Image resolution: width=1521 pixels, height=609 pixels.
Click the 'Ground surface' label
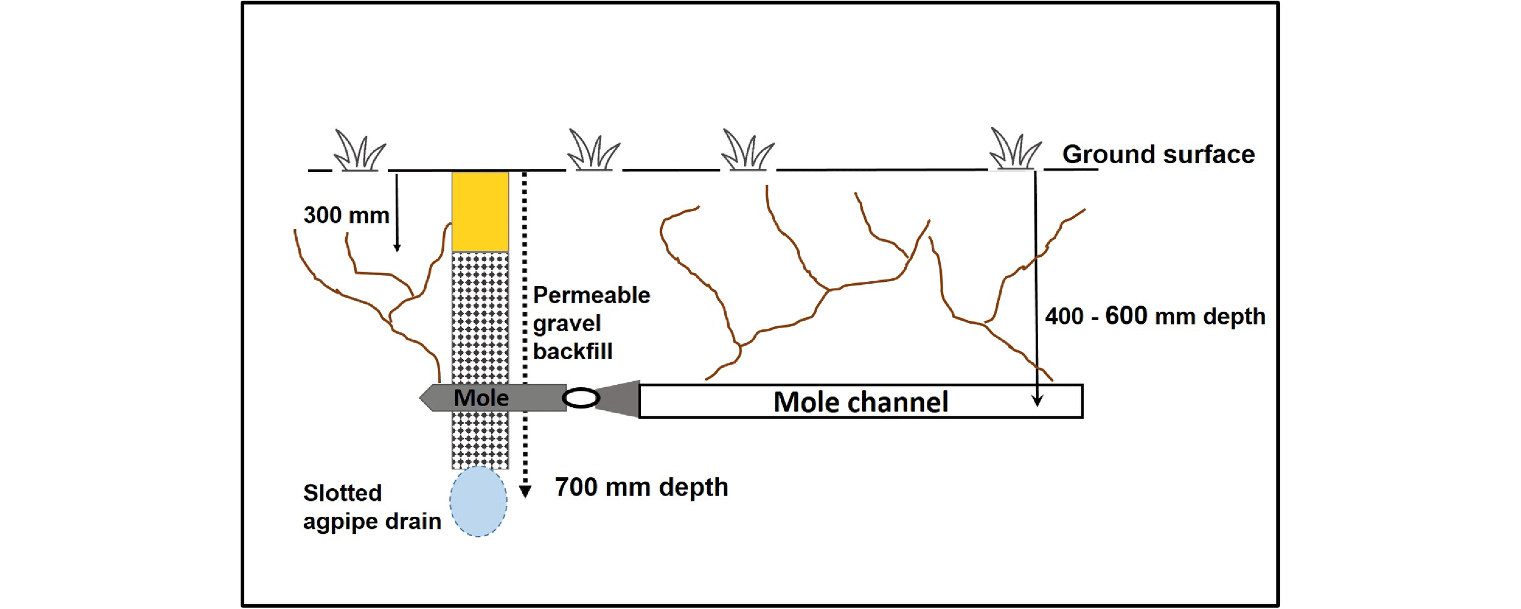pos(1158,154)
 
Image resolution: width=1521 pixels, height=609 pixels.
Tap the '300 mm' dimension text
pos(346,215)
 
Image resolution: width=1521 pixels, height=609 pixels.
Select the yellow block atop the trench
pos(480,211)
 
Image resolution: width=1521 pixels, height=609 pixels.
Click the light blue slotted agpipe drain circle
pos(478,501)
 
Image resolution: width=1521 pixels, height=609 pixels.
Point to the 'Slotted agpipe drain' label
pos(371,507)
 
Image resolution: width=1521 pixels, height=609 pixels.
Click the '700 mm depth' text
pos(641,487)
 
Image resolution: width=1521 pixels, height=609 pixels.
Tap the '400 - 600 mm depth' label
pos(1154,316)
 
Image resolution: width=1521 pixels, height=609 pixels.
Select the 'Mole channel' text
pos(860,402)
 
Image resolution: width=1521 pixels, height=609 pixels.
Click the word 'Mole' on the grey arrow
pos(481,398)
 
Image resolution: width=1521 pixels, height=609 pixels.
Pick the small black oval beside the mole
pos(580,398)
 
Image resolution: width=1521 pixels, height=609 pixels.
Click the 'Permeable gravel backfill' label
pos(591,323)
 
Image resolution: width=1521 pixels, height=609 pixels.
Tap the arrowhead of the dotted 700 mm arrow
pos(525,491)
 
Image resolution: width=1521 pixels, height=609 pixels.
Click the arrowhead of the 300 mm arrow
pos(397,247)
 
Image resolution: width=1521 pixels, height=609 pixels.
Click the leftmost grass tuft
pos(359,151)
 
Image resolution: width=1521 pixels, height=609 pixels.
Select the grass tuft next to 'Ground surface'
pos(1014,150)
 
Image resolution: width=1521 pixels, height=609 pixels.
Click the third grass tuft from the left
pos(747,150)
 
